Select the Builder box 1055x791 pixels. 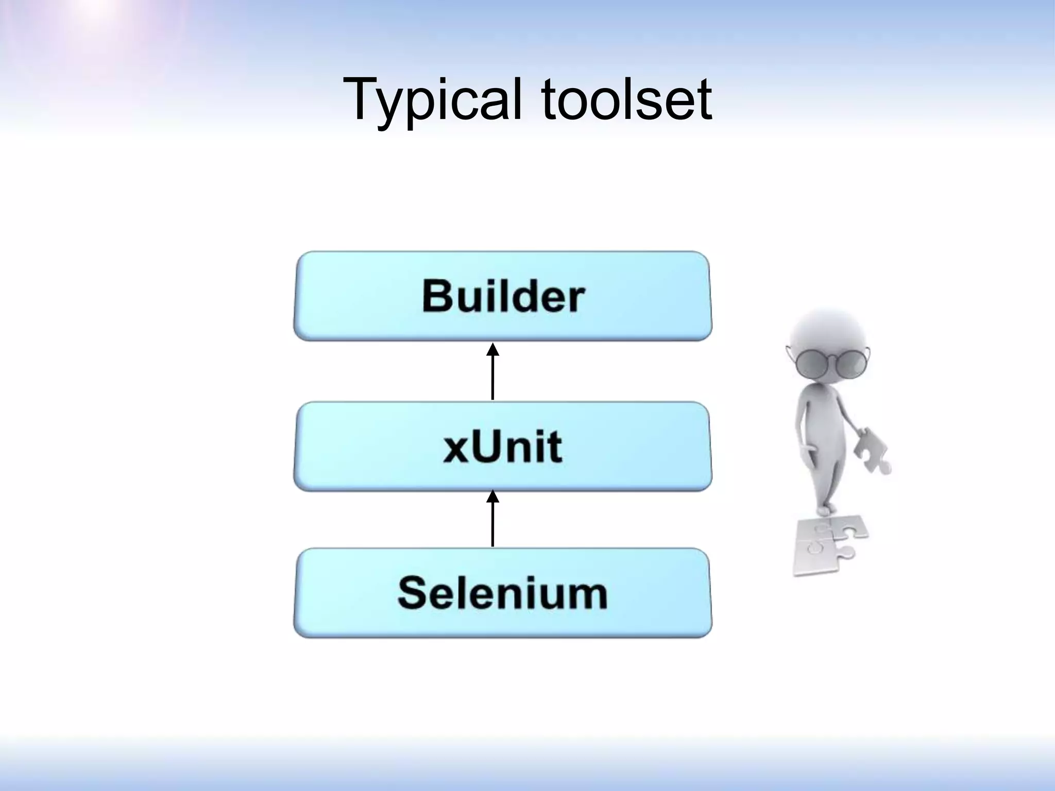point(502,296)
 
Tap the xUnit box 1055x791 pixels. point(502,446)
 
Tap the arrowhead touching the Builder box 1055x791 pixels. point(493,350)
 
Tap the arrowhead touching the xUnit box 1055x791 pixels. point(493,496)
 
